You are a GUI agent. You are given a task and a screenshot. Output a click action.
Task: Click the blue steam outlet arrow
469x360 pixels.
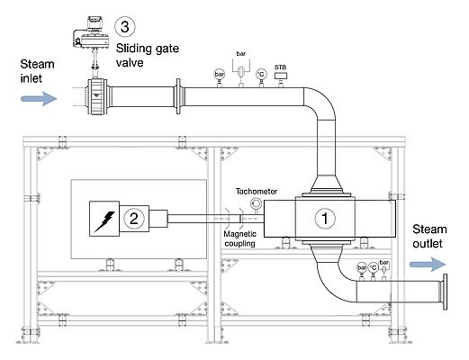point(427,265)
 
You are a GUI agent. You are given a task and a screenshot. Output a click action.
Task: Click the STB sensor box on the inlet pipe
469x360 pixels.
point(282,76)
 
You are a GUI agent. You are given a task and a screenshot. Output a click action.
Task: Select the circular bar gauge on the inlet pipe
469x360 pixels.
point(219,74)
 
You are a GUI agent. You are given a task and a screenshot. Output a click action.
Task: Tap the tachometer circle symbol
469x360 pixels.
point(256,204)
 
